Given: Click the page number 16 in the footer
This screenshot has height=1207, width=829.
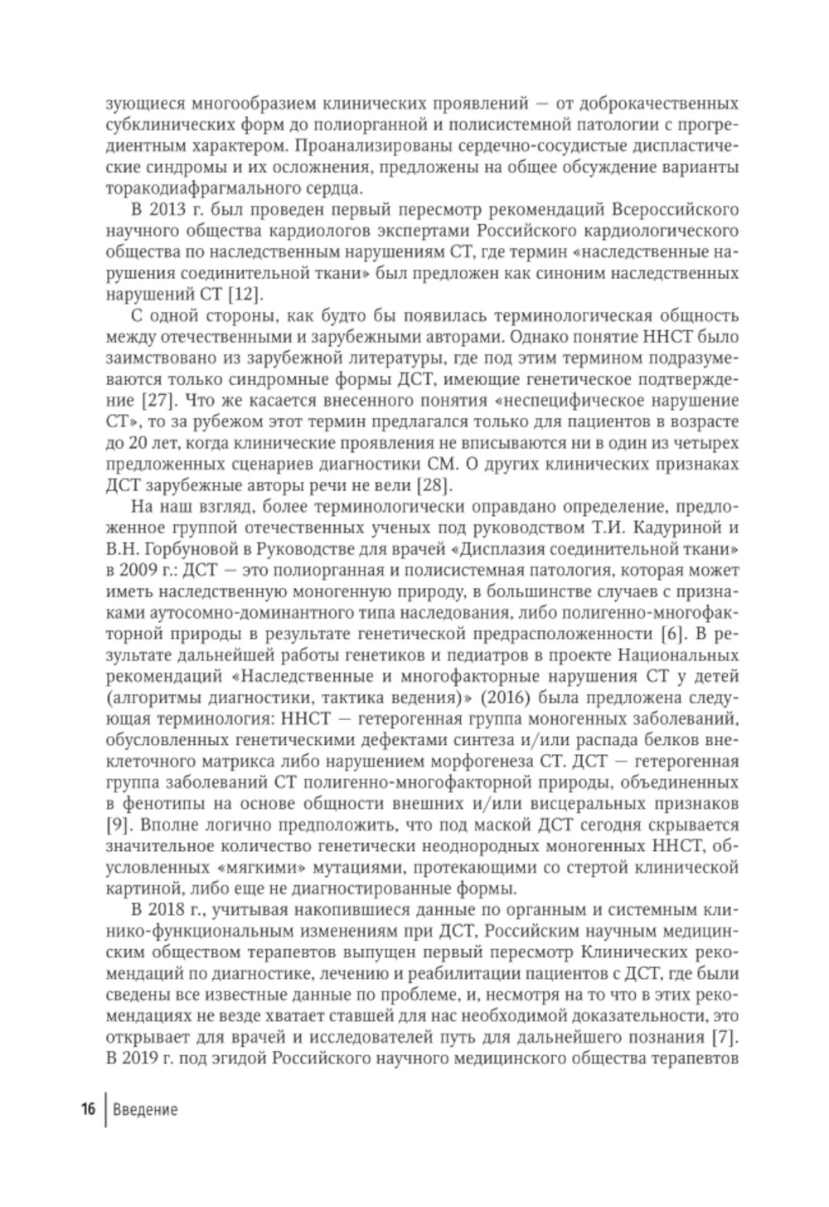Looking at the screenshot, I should tap(88, 1110).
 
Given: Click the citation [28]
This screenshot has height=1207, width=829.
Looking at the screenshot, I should tap(435, 486).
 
